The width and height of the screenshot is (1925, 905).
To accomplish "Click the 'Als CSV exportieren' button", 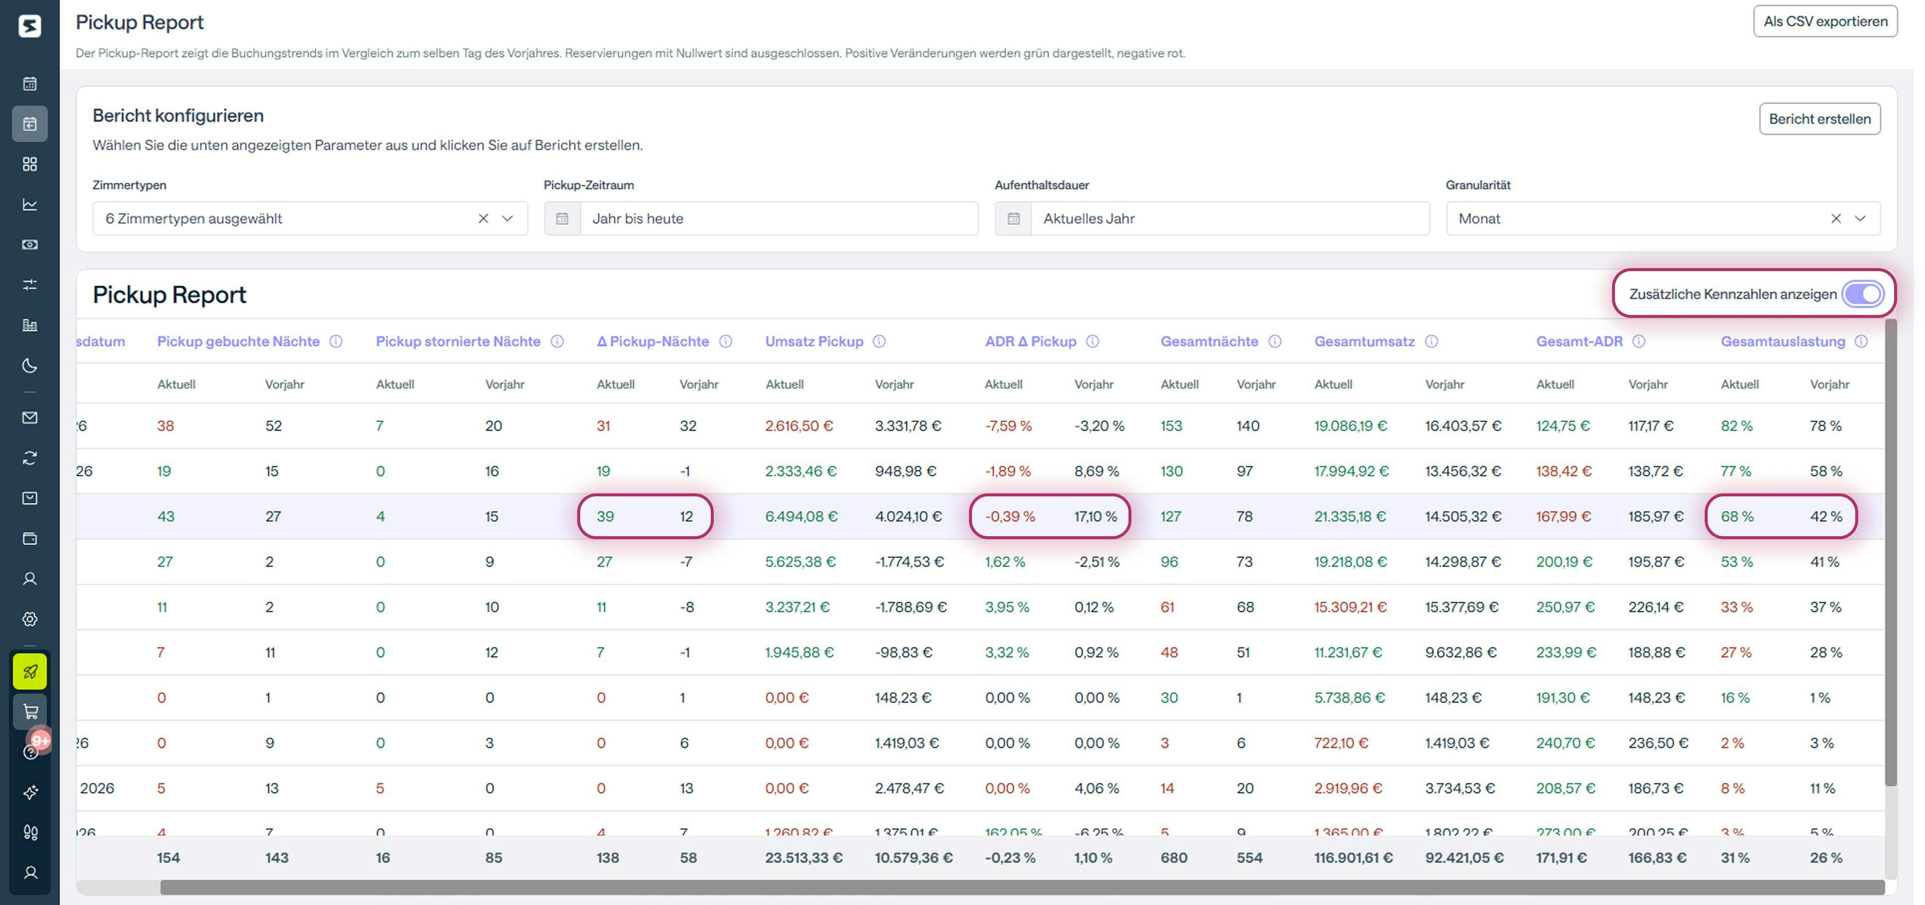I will point(1824,21).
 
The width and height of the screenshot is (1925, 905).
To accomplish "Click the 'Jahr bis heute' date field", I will point(777,218).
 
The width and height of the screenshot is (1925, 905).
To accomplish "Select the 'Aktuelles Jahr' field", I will point(1229,218).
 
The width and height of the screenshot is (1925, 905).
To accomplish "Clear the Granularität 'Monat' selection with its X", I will point(1835,218).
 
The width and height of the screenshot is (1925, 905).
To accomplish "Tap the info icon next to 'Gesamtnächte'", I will point(1275,341).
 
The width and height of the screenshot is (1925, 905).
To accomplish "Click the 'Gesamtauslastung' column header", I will point(1782,341).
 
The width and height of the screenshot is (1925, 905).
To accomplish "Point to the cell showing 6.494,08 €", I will point(801,516).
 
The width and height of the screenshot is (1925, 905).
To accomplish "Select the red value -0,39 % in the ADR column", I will point(1009,516).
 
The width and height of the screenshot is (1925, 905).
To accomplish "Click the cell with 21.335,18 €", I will point(1350,516).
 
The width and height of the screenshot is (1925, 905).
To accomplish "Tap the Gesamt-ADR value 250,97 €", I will point(1565,607).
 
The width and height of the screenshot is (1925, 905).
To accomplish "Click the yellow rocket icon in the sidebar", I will point(30,671).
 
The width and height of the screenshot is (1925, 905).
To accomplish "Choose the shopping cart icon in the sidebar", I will point(30,712).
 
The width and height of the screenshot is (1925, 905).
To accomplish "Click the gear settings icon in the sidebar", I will point(30,619).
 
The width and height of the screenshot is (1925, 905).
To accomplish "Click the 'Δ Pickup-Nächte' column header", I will point(652,341).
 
